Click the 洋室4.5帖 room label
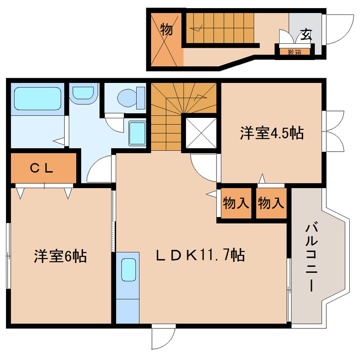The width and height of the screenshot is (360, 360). pyautogui.click(x=271, y=134)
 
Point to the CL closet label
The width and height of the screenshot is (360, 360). pyautogui.click(x=42, y=168)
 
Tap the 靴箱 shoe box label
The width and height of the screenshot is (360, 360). pyautogui.click(x=294, y=52)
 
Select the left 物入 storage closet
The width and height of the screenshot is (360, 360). pyautogui.click(x=236, y=203)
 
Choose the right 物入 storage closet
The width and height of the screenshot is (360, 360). pyautogui.click(x=271, y=203)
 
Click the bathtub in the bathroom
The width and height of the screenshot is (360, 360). pyautogui.click(x=37, y=98)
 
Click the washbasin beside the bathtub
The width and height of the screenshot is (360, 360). pyautogui.click(x=83, y=93)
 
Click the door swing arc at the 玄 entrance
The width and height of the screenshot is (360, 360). pyautogui.click(x=338, y=30)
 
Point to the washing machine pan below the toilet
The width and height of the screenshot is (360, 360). pyautogui.click(x=137, y=133)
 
